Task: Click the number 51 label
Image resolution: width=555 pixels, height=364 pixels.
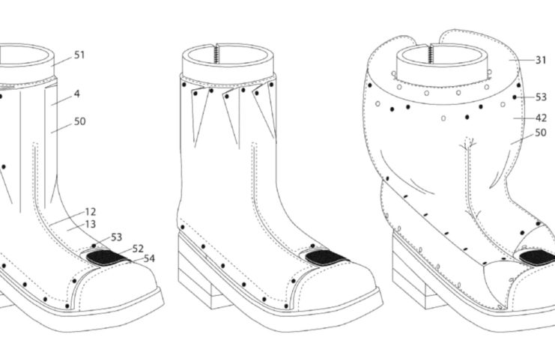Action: click(x=79, y=55)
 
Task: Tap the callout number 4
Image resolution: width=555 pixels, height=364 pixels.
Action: click(x=77, y=94)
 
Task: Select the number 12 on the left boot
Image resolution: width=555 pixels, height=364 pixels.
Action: click(x=91, y=212)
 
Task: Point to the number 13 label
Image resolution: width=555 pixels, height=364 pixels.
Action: click(x=91, y=224)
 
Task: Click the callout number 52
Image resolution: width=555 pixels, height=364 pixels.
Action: click(x=138, y=249)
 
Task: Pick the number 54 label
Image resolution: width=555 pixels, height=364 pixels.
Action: click(x=149, y=258)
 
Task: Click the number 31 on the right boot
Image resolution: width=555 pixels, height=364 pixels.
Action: click(x=541, y=60)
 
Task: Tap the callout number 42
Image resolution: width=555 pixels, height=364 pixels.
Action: click(x=541, y=118)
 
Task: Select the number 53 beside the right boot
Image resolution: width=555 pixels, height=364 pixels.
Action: click(x=541, y=97)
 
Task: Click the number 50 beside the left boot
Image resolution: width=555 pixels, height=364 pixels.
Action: click(x=80, y=121)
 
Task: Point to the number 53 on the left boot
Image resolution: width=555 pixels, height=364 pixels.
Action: click(x=116, y=237)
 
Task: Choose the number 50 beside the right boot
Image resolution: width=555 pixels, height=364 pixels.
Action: click(x=541, y=133)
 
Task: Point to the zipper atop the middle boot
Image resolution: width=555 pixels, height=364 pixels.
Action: click(x=215, y=54)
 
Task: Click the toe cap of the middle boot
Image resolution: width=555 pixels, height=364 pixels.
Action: click(x=336, y=287)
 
